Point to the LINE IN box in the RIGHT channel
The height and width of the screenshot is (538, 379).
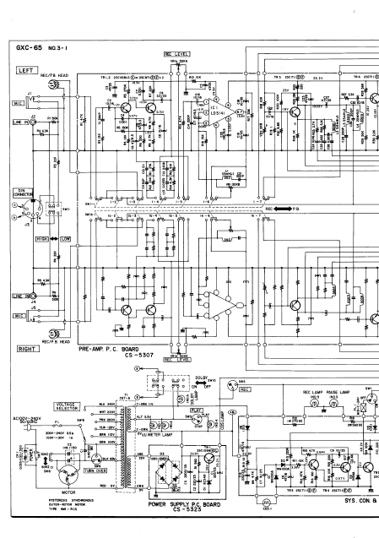18,296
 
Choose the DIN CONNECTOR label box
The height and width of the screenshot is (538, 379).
19,193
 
